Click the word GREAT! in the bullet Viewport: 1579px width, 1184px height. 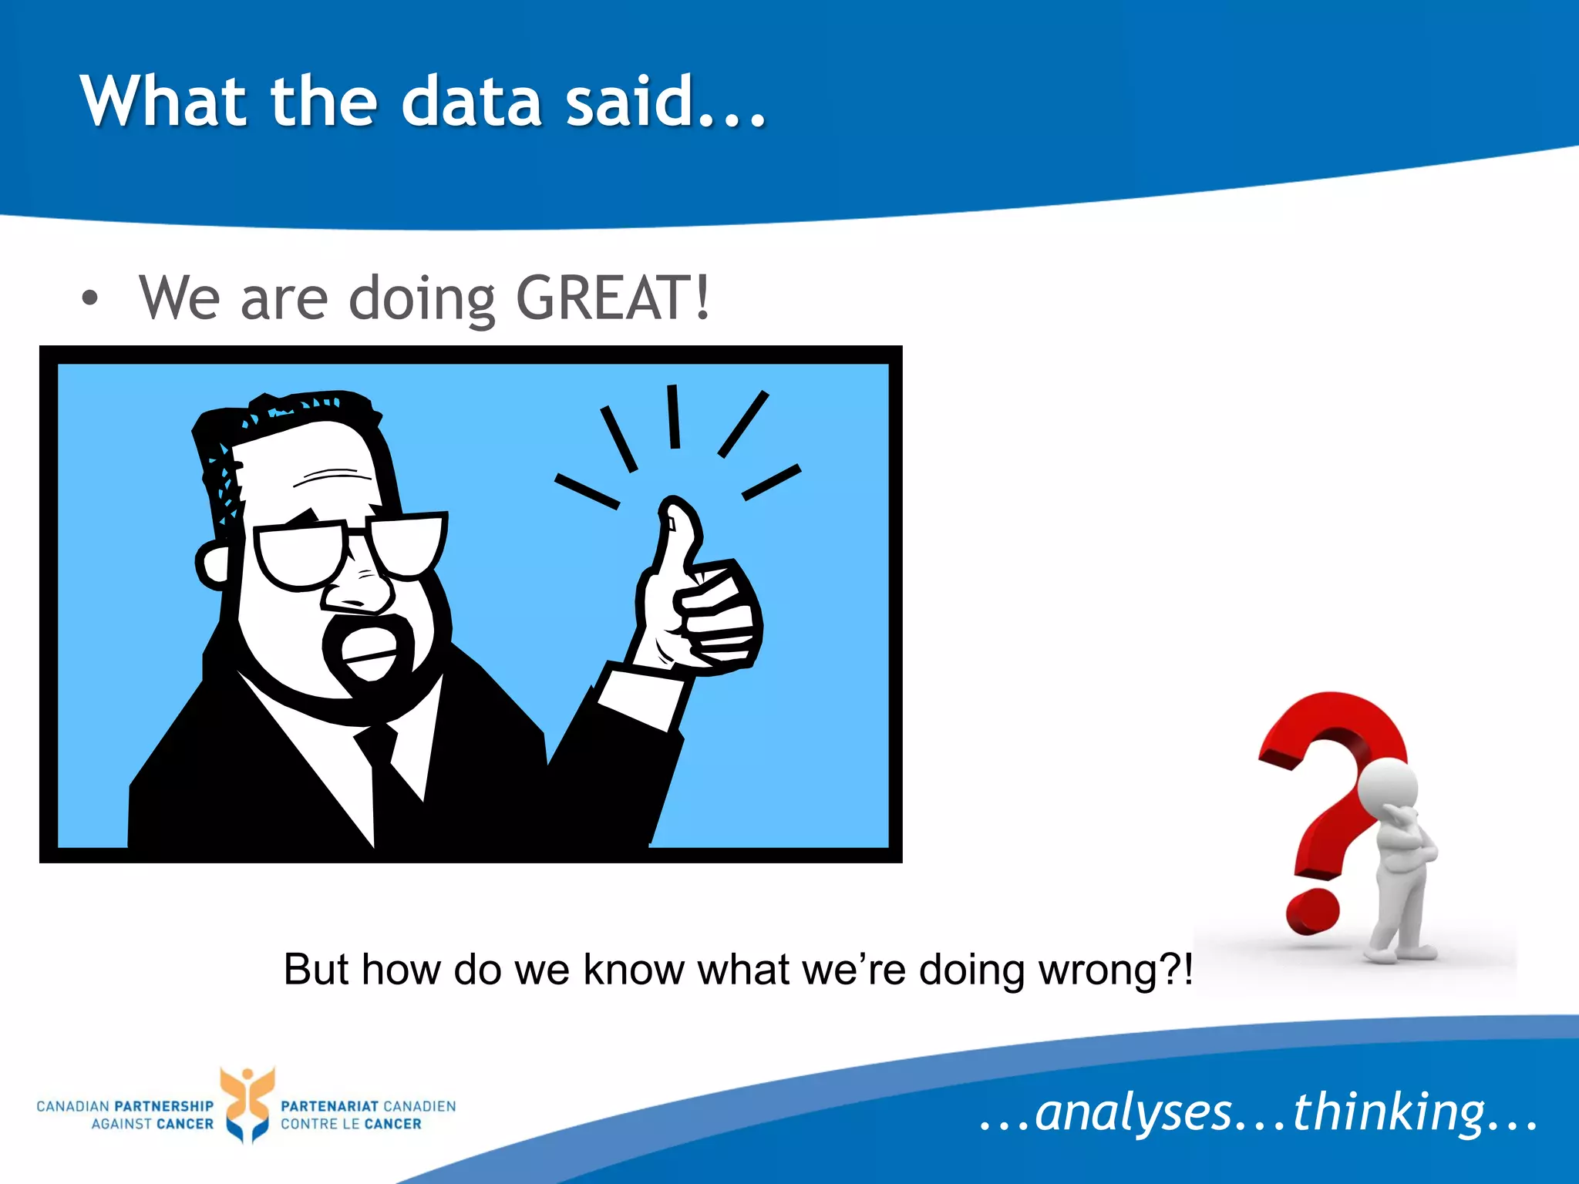(x=611, y=298)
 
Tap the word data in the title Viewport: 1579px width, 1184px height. (x=472, y=102)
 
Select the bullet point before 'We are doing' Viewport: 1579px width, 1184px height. (x=90, y=298)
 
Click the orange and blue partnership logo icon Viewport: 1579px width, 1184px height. (x=247, y=1104)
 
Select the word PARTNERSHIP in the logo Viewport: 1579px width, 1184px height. (x=163, y=1106)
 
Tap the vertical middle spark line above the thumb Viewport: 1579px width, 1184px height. (x=674, y=416)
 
